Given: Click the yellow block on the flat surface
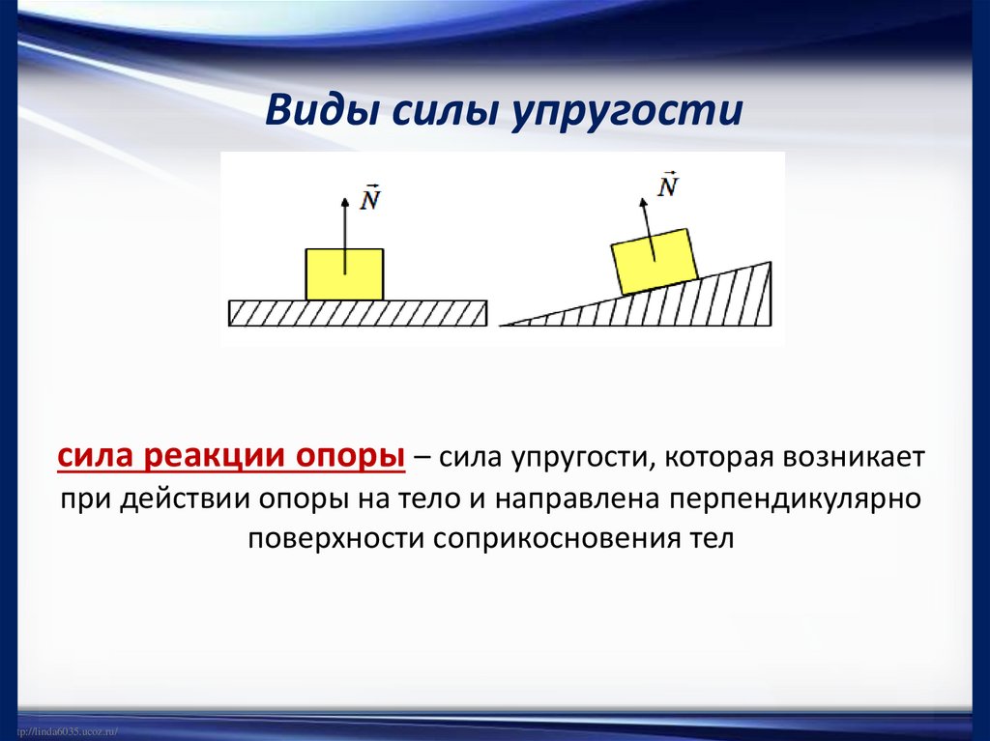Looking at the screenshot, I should tap(344, 273).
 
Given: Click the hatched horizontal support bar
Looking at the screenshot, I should tap(358, 313).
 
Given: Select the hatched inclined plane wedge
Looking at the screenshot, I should tap(696, 303).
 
